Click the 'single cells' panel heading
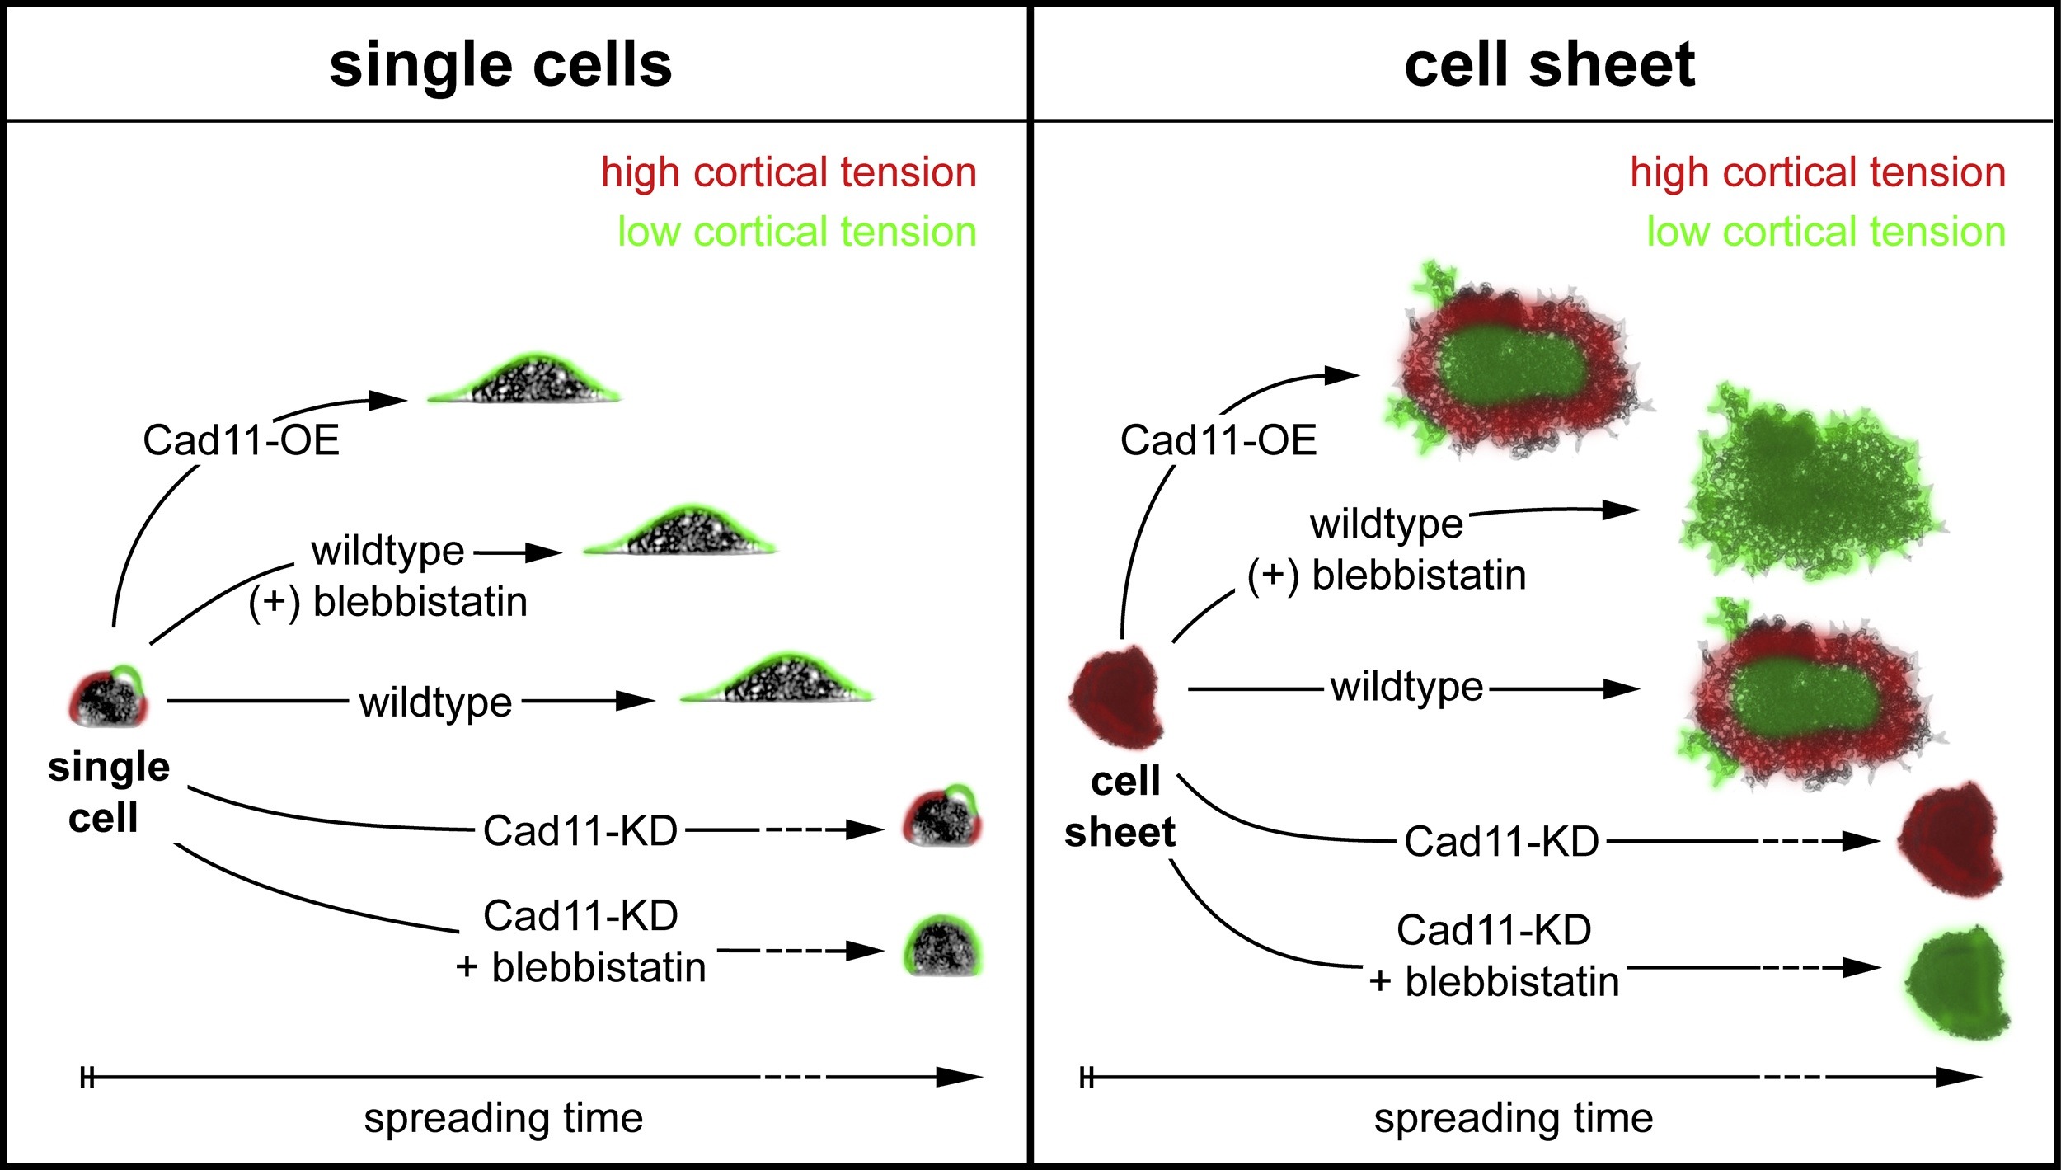coord(500,65)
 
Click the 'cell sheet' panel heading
coord(1549,65)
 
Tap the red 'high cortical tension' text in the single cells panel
coord(789,172)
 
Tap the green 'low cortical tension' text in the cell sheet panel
coord(1826,232)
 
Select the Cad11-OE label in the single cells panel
coord(241,440)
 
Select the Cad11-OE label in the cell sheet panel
coord(1218,440)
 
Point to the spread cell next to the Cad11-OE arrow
coord(524,380)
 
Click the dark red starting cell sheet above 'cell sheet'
coord(1116,697)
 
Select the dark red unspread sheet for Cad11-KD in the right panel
coord(1951,839)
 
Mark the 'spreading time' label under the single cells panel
coord(503,1119)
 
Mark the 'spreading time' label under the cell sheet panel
coord(1513,1119)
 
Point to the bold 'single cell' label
coord(108,792)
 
